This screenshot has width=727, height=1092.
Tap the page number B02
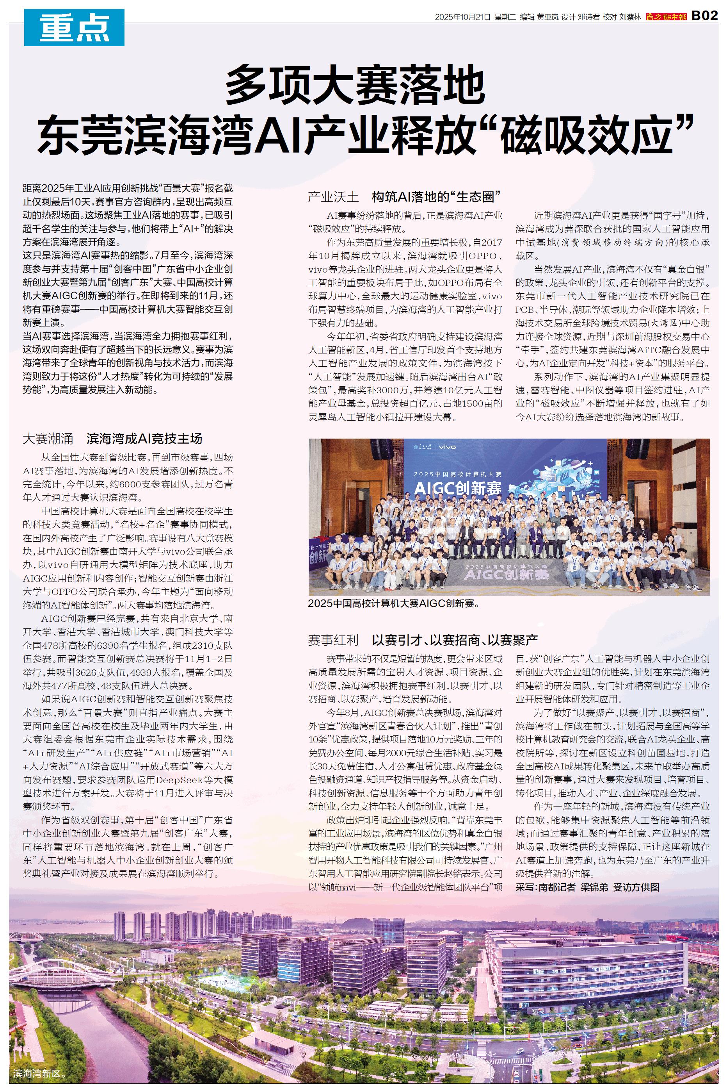[x=704, y=16]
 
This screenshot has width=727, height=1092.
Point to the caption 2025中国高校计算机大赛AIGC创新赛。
[x=394, y=604]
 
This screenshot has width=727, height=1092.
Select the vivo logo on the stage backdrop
[x=448, y=447]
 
